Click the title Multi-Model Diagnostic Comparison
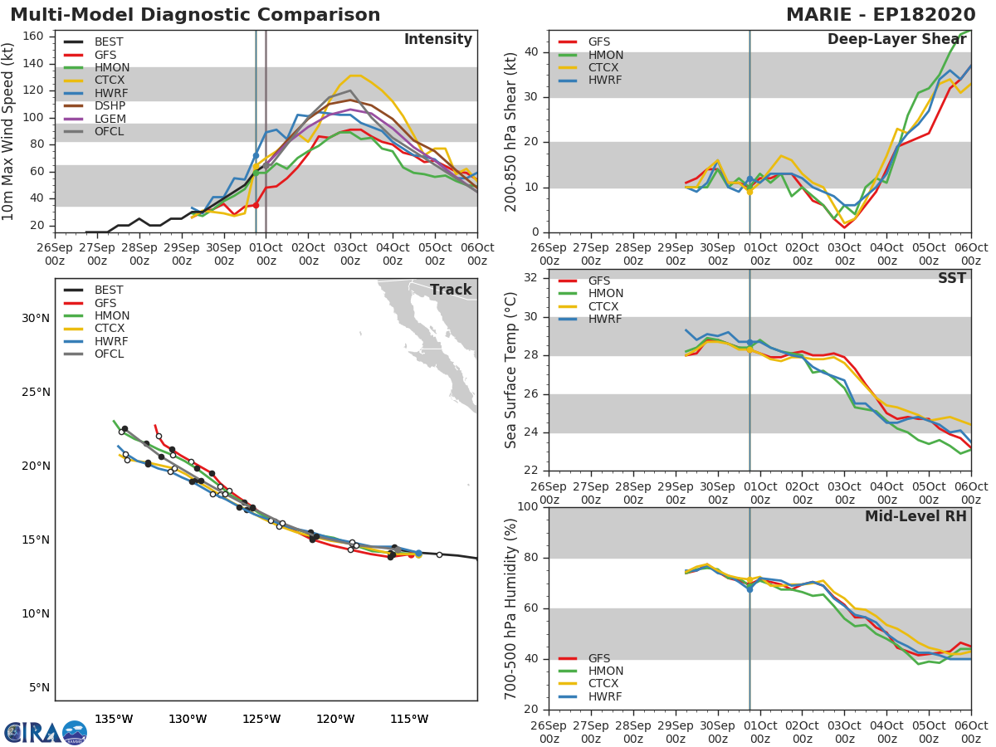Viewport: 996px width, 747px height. pyautogui.click(x=195, y=15)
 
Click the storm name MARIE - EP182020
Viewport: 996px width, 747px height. pyautogui.click(x=886, y=15)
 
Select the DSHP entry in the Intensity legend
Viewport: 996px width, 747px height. pyautogui.click(x=110, y=106)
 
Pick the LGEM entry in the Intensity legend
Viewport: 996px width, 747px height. pyautogui.click(x=110, y=120)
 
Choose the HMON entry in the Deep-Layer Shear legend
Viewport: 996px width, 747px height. pyautogui.click(x=605, y=55)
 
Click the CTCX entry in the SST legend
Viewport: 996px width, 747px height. pyautogui.click(x=605, y=306)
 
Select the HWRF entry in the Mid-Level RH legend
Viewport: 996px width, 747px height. pyautogui.click(x=605, y=696)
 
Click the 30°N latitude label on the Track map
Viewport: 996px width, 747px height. pyautogui.click(x=35, y=319)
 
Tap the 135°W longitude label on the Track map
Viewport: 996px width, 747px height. pyautogui.click(x=114, y=719)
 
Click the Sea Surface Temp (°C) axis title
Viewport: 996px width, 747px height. pyautogui.click(x=511, y=369)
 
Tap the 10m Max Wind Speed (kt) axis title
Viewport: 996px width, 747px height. pyautogui.click(x=9, y=131)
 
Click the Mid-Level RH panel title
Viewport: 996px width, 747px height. pyautogui.click(x=915, y=516)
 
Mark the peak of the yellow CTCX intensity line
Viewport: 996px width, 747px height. pyautogui.click(x=354, y=76)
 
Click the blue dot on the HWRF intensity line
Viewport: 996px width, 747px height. pyautogui.click(x=256, y=155)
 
